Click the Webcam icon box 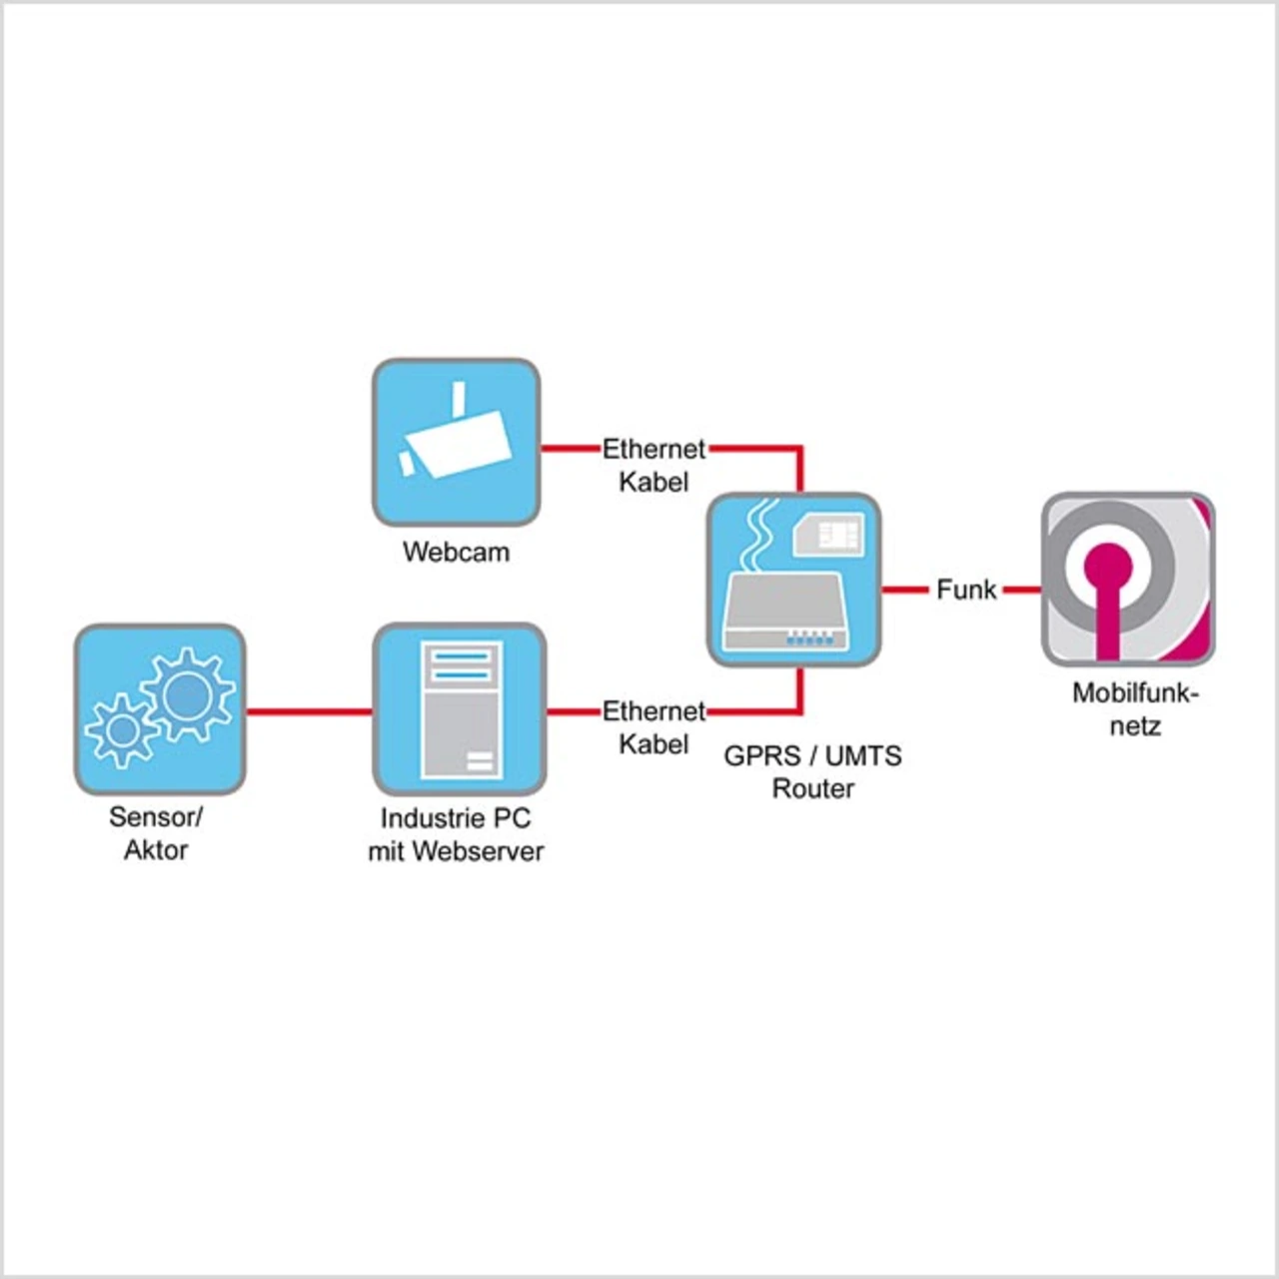[x=456, y=443]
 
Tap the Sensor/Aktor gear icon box [x=160, y=709]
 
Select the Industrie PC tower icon [x=460, y=709]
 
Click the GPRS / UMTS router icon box [x=793, y=580]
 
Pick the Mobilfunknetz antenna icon [x=1128, y=580]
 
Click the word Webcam [x=456, y=552]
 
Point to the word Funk [x=966, y=590]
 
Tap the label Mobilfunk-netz [x=1135, y=708]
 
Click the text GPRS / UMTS [x=812, y=755]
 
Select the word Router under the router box [x=812, y=788]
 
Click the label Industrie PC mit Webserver [x=456, y=834]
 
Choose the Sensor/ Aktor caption [x=156, y=832]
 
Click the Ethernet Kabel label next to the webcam [x=653, y=466]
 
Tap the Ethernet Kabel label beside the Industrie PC [x=653, y=727]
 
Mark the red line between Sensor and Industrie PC [x=309, y=711]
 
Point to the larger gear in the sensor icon [x=187, y=695]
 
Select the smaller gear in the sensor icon [x=122, y=730]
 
